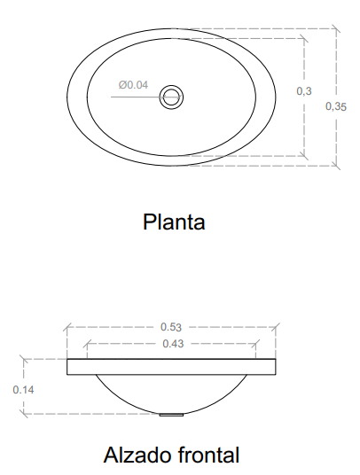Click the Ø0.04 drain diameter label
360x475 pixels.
[x=133, y=85]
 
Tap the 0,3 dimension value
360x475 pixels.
[x=304, y=91]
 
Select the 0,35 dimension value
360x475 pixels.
[x=336, y=106]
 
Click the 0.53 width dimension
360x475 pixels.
[x=171, y=327]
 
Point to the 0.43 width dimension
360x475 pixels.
[x=173, y=344]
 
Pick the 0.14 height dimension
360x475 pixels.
[x=23, y=390]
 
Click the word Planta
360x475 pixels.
[x=174, y=222]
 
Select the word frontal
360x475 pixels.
[x=208, y=455]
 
